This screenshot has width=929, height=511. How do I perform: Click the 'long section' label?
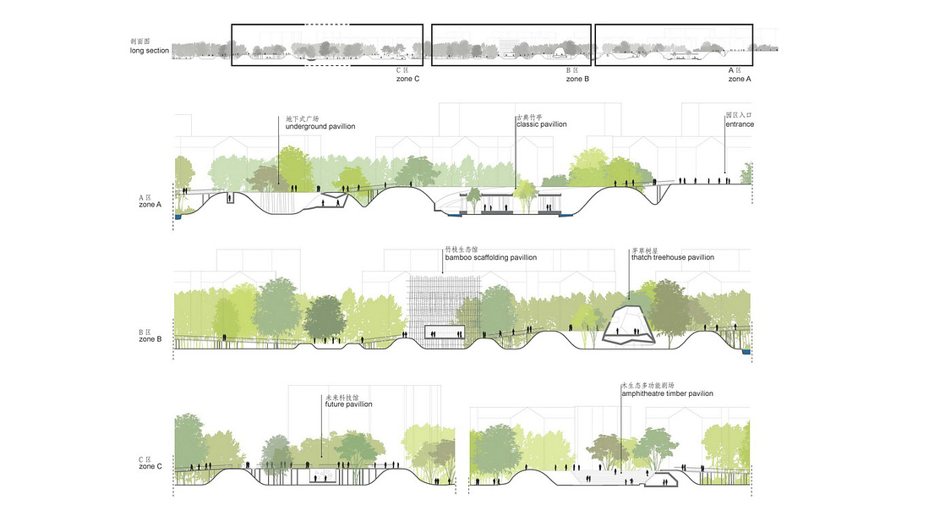point(150,52)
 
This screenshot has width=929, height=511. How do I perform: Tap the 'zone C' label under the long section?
point(408,79)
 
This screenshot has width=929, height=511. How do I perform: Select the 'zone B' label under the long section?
point(577,79)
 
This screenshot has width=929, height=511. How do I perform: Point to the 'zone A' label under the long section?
point(739,79)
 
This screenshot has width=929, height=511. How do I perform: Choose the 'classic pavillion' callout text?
point(541,124)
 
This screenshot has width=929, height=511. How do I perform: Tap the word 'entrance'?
point(739,124)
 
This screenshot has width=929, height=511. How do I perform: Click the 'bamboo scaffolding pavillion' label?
point(490,257)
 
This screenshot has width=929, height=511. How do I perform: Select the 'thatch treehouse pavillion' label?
point(672,257)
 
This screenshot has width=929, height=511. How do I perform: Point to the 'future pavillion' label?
point(348,404)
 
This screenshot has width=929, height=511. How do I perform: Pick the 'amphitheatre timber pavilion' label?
point(667,393)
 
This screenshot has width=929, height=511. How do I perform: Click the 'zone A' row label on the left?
point(150,205)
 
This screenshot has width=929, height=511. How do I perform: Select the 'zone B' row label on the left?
point(150,339)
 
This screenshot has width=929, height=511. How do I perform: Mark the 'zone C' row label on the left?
point(150,466)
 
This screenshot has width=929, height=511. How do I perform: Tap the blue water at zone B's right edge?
point(746,352)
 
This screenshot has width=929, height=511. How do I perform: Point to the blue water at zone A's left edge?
point(178,217)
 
